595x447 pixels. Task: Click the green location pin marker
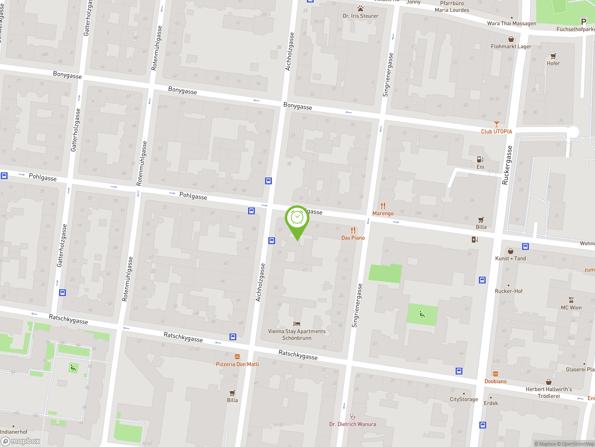point(297,218)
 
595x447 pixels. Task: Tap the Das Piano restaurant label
point(353,238)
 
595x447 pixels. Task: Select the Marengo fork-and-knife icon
point(383,206)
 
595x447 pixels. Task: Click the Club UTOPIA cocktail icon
point(496,124)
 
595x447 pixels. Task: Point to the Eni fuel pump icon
point(480,159)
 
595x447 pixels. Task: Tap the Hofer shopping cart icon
point(553,56)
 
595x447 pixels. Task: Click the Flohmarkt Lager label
point(511,47)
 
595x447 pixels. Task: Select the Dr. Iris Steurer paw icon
point(360,9)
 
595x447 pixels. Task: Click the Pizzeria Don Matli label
point(237,364)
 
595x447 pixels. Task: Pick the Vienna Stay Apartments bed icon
point(297,324)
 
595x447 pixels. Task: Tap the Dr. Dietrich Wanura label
point(353,424)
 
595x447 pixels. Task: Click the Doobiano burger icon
point(496,374)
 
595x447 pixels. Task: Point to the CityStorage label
point(464,399)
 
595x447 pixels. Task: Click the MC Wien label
point(571,308)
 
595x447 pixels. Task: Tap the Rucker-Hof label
point(509,291)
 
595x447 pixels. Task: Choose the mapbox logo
point(21,441)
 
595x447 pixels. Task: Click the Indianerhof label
point(14,432)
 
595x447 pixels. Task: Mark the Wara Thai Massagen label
point(512,24)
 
